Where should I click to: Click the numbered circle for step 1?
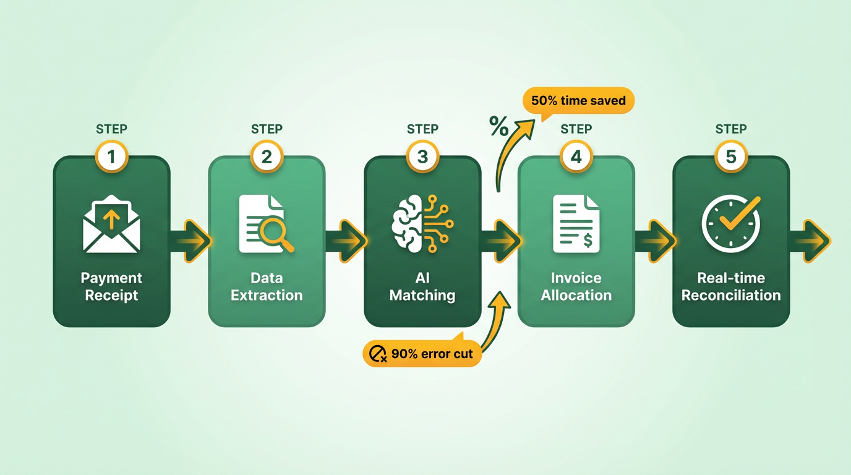point(111,156)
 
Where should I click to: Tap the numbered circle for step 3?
point(422,156)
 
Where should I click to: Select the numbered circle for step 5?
point(731,156)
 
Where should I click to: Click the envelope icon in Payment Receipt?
point(111,224)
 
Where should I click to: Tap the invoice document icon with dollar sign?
point(576,223)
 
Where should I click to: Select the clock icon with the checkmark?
point(731,223)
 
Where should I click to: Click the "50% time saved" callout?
point(578,100)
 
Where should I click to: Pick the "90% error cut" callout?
point(422,354)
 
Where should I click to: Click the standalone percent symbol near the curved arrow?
point(498,126)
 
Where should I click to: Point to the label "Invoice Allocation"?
point(576,287)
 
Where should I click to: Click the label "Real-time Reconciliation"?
point(731,287)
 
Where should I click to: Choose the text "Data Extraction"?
point(267,287)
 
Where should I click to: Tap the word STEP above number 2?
point(267,129)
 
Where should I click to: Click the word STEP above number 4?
point(576,129)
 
